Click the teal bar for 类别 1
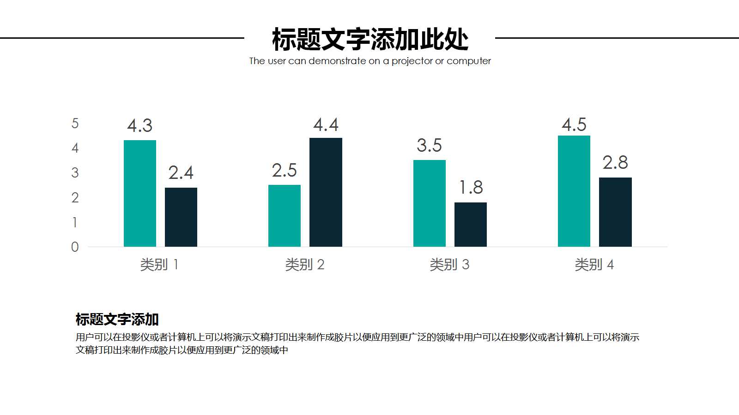pos(140,194)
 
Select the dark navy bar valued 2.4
pos(181,217)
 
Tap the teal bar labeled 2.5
pos(285,216)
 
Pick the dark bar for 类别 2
pos(326,192)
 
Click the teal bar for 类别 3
pos(430,203)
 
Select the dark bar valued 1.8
pos(471,225)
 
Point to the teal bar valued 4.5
pos(574,191)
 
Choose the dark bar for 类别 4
pos(615,212)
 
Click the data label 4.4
pos(326,125)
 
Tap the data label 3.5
pos(429,146)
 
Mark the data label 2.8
pos(615,163)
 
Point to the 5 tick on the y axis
pos(75,124)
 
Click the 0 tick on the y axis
pos(75,247)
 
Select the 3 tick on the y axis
pos(75,173)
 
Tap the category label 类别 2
pos(304,265)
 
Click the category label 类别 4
pos(594,265)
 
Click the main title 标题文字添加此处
pos(370,39)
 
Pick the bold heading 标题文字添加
pos(117,319)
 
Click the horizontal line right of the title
pos(617,38)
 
